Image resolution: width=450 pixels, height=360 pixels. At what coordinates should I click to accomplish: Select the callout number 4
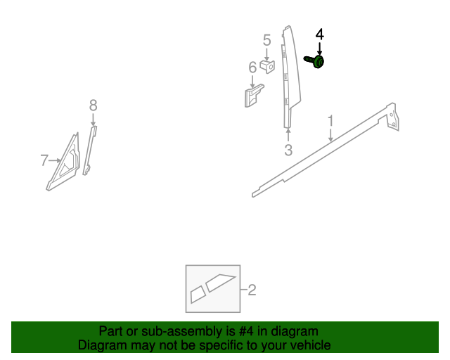[x=319, y=34]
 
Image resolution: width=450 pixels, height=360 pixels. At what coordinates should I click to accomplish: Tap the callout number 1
[x=330, y=123]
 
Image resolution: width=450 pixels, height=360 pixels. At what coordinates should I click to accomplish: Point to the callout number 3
[x=288, y=150]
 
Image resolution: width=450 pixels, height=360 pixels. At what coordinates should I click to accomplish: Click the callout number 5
[x=267, y=40]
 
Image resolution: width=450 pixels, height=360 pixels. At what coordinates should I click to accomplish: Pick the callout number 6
[x=252, y=67]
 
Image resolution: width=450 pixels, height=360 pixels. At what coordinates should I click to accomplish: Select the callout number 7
[x=44, y=161]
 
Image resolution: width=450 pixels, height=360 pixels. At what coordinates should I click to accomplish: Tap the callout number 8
[x=93, y=105]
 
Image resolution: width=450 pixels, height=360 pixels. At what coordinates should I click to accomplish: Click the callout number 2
[x=252, y=290]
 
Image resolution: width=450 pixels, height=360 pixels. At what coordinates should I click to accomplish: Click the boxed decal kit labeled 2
[x=212, y=289]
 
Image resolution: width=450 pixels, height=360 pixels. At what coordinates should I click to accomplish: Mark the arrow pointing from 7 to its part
[x=55, y=161]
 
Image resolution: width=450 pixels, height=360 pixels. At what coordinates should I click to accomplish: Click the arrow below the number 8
[x=93, y=119]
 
